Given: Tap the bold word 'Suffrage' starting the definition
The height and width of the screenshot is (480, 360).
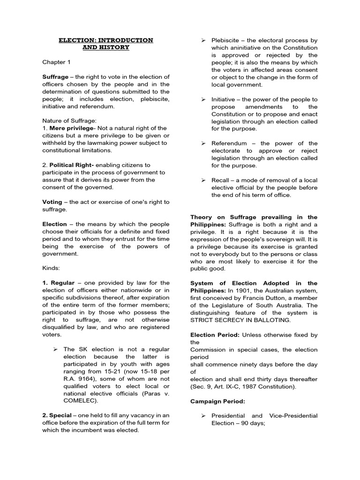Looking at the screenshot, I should (55, 77).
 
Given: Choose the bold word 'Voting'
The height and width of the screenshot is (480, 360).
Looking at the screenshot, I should (52, 202).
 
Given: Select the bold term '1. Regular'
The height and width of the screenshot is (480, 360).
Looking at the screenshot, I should (59, 283).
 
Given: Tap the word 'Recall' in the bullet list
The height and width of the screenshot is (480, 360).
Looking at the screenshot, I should (220, 180).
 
